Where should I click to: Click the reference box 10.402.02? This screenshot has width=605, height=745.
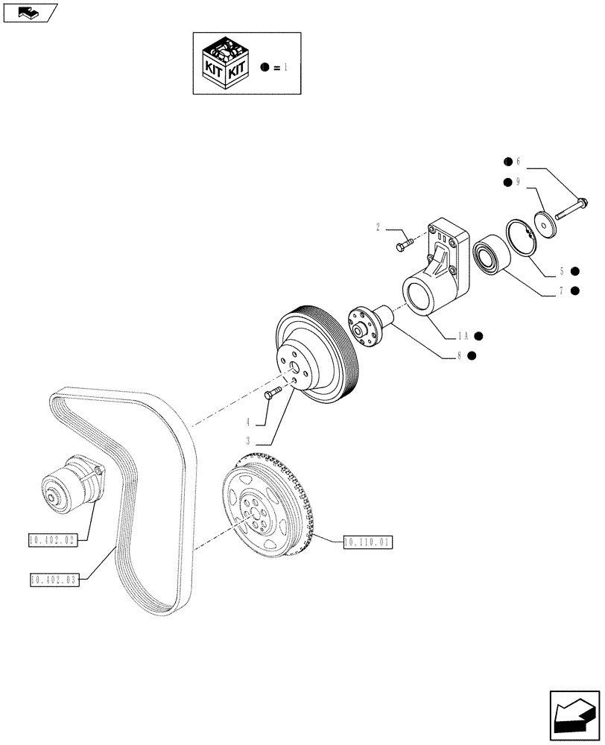(x=52, y=540)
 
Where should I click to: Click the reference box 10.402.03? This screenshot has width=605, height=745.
(x=54, y=580)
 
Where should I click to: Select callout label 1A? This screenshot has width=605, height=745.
(x=463, y=335)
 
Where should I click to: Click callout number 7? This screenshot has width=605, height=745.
(x=560, y=291)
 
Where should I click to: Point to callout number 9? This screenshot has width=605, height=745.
(x=518, y=183)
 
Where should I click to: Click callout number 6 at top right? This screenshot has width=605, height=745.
(x=518, y=162)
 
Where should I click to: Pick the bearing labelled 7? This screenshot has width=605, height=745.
(x=490, y=252)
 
